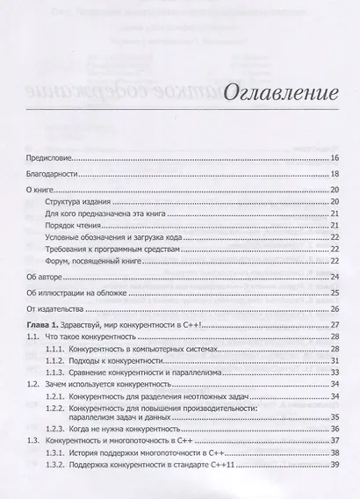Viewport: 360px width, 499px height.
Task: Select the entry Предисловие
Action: coord(48,158)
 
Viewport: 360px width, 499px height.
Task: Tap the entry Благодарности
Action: coord(52,175)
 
